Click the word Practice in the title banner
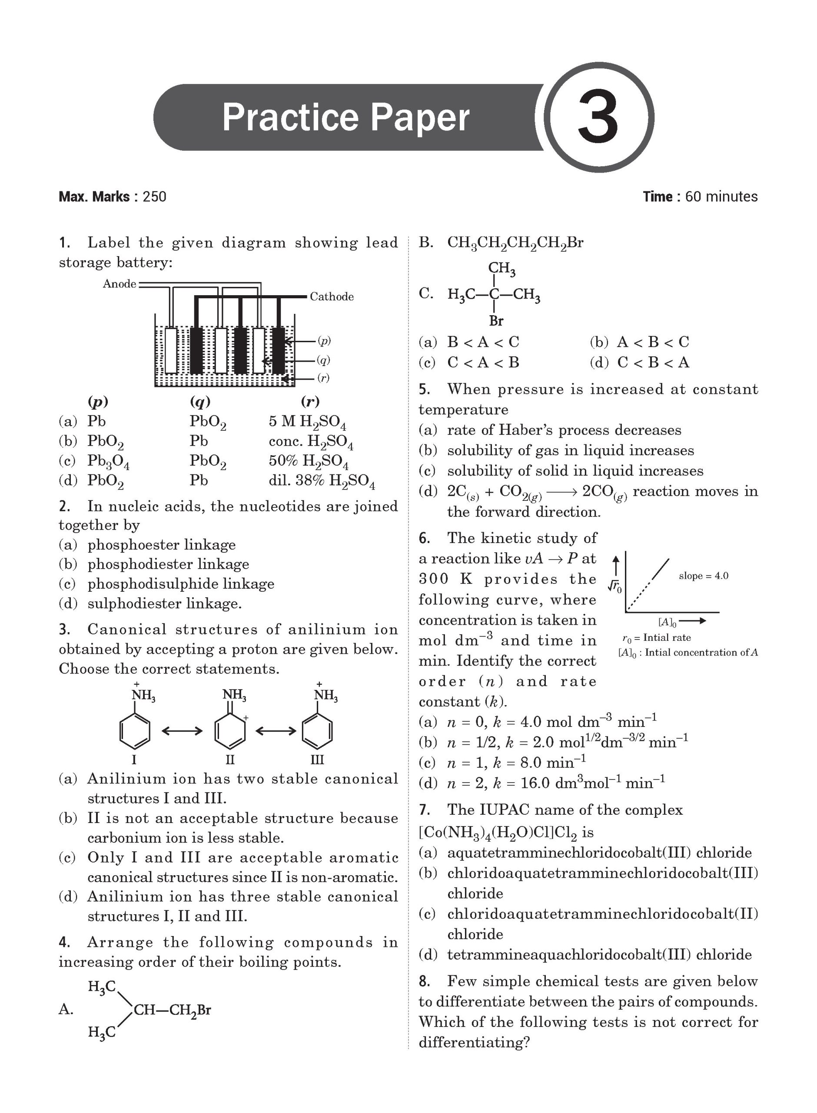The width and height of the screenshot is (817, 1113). (290, 118)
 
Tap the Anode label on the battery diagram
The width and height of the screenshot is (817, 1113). (119, 284)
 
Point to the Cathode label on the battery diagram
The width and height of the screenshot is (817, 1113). (332, 297)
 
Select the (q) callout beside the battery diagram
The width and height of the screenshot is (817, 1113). (323, 360)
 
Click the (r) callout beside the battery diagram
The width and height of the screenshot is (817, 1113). (323, 378)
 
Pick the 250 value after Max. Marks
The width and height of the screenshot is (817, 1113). (154, 197)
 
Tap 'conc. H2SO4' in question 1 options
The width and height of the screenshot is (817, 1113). (311, 441)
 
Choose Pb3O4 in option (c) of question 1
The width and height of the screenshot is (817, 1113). (108, 462)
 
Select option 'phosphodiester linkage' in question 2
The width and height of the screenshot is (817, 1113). (168, 564)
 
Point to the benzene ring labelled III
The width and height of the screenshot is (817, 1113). (317, 732)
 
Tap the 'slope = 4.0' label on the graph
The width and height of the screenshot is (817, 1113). (703, 576)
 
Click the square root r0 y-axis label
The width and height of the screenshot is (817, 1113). (615, 586)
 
